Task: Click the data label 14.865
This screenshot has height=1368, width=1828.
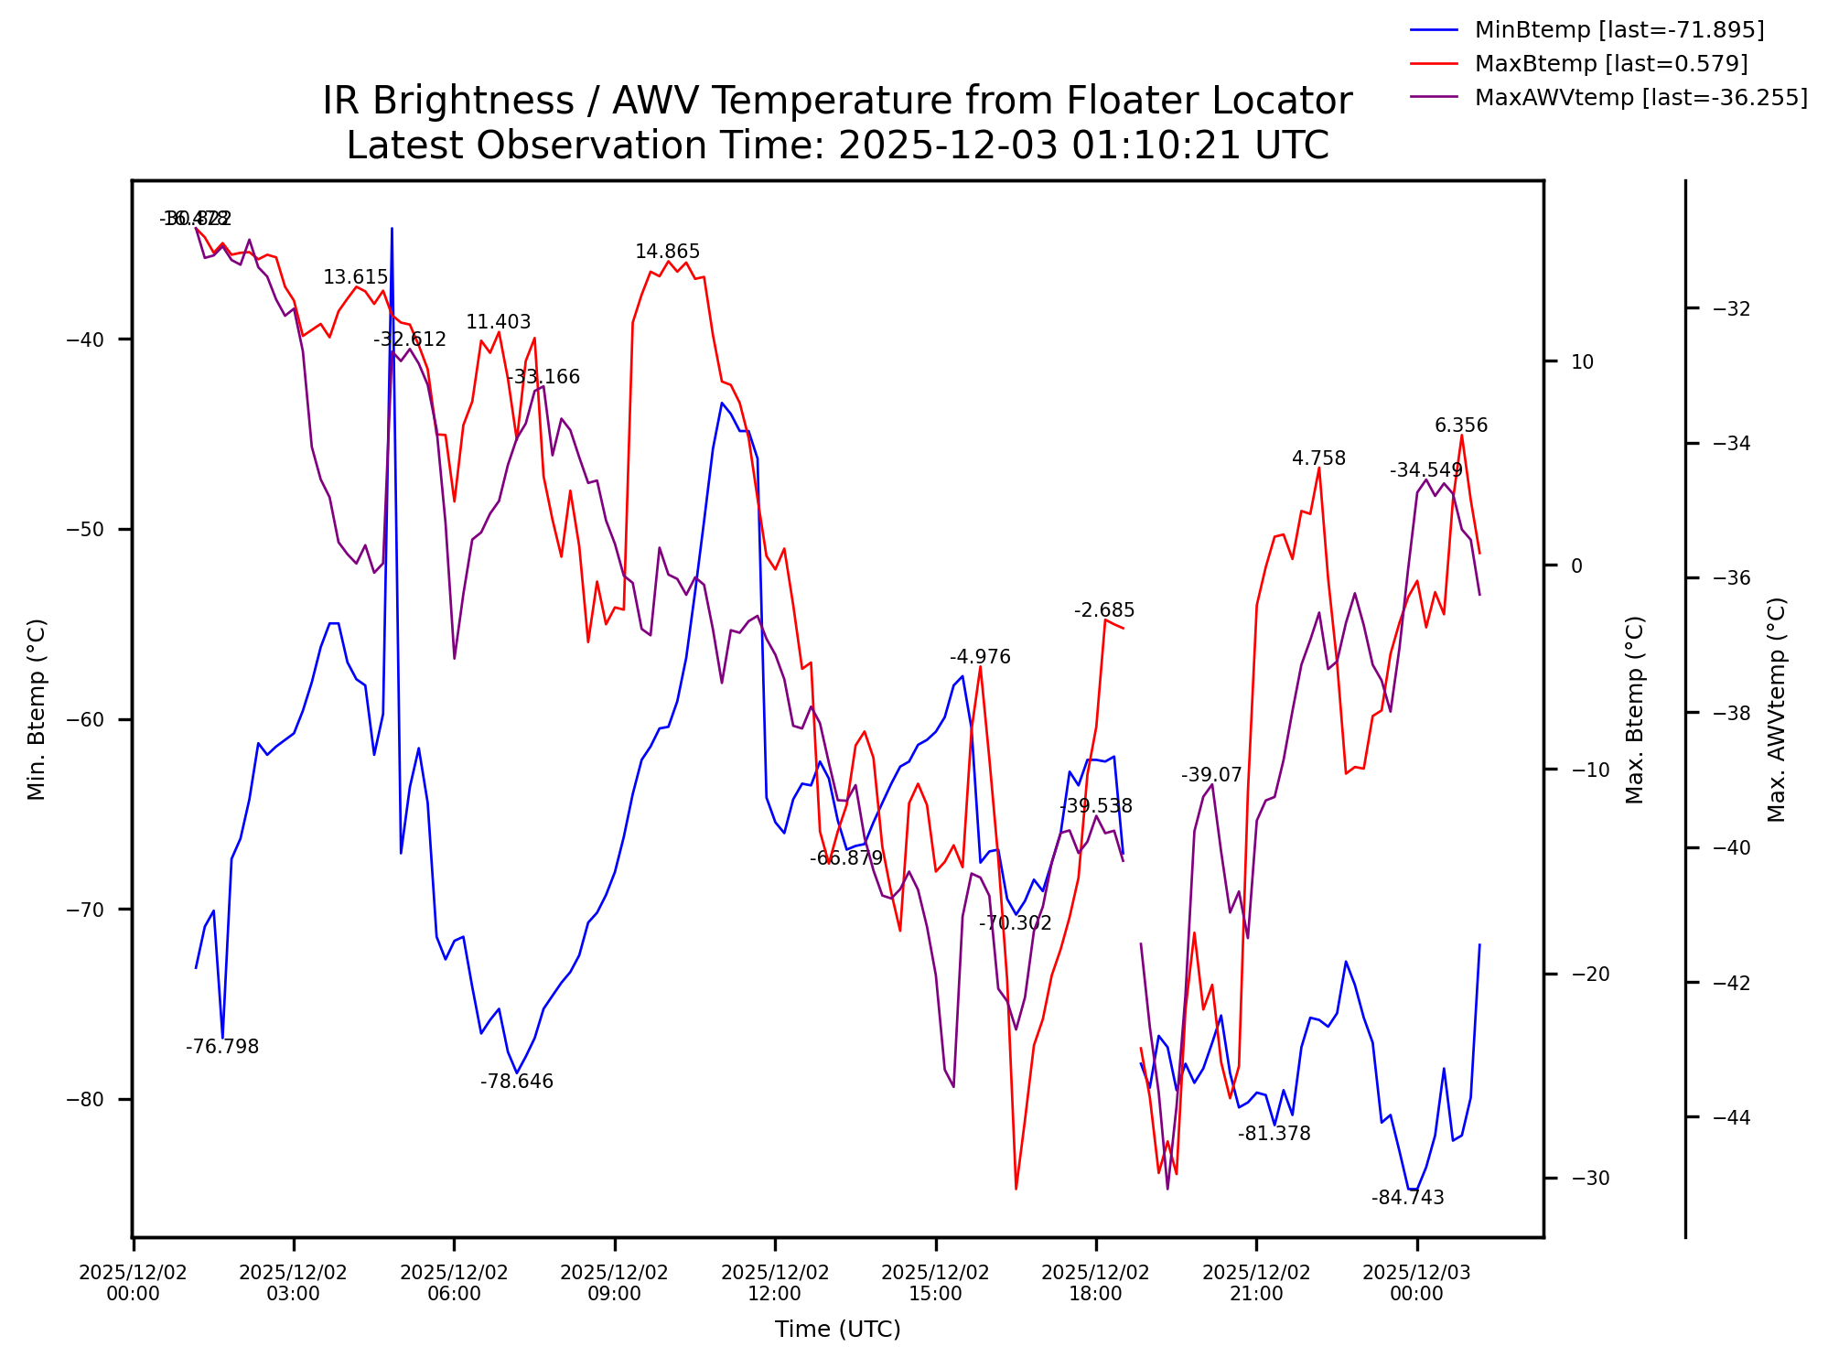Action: [x=667, y=252]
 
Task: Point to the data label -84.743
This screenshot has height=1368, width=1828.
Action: [x=1407, y=1198]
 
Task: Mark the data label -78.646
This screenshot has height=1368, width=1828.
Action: [x=517, y=1082]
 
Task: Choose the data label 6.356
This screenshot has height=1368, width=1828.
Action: [x=1461, y=425]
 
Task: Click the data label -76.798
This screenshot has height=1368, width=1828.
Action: [x=222, y=1047]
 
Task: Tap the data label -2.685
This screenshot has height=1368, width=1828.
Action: [x=1104, y=610]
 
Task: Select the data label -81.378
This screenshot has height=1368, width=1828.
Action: [x=1274, y=1134]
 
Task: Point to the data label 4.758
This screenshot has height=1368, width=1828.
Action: [x=1318, y=458]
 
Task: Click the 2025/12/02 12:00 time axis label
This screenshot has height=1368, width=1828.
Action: [x=775, y=1283]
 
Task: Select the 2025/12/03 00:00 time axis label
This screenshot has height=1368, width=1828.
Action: [x=1416, y=1283]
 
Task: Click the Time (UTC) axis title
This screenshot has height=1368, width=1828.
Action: [x=837, y=1330]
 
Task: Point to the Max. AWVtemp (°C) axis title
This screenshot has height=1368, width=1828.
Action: [x=1776, y=709]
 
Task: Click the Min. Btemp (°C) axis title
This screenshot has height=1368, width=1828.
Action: [x=37, y=709]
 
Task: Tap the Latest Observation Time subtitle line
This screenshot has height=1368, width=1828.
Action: [x=837, y=146]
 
